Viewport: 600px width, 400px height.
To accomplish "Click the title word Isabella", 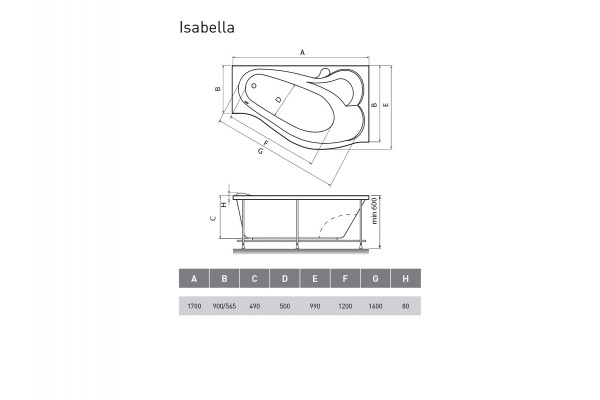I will (207, 28).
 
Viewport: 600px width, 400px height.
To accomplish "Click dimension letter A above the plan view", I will (302, 53).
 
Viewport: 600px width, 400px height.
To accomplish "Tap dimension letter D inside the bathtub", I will (278, 99).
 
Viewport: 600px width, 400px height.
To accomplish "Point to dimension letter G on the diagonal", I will (260, 152).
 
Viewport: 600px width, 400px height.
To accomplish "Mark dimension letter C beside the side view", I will (215, 219).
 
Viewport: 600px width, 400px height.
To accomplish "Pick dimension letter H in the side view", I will (223, 206).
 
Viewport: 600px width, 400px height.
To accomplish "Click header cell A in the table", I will (194, 279).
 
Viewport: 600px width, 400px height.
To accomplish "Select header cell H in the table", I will (405, 279).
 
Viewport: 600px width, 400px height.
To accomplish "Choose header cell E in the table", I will (315, 279).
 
